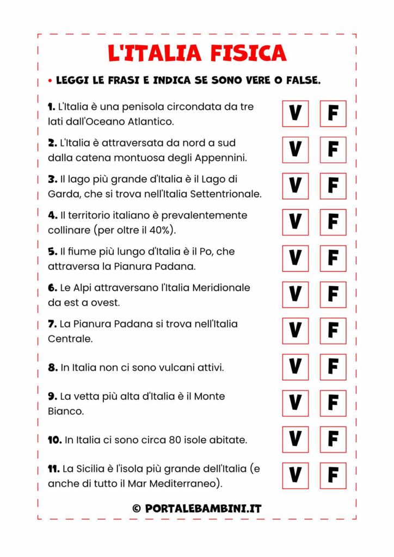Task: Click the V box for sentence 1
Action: click(295, 114)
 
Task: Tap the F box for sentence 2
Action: click(333, 150)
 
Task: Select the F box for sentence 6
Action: click(333, 295)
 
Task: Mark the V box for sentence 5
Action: click(295, 258)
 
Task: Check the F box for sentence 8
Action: click(333, 367)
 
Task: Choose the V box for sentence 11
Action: click(295, 475)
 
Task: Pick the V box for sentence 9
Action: click(295, 403)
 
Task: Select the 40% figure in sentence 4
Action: click(162, 230)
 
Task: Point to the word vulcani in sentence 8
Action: click(164, 368)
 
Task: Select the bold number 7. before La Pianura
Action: click(52, 324)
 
